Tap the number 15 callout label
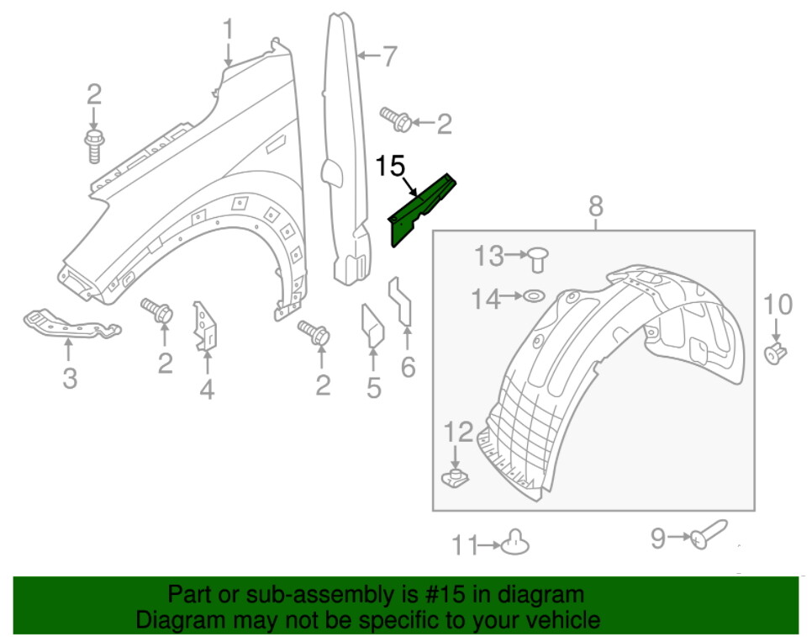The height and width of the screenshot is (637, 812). (391, 166)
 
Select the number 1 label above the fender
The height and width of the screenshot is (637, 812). (228, 31)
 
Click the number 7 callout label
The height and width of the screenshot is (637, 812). (388, 57)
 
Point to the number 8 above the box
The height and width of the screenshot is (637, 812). (595, 204)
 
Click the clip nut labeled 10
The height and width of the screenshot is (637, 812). (776, 354)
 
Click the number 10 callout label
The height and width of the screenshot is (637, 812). (778, 304)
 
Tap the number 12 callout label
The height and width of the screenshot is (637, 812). (459, 433)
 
